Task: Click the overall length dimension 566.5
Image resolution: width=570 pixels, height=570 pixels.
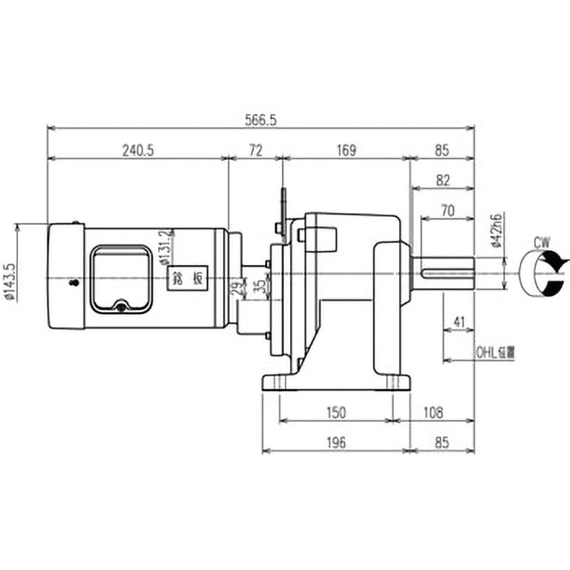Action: tap(259, 120)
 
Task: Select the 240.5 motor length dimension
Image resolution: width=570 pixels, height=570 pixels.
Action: tap(138, 150)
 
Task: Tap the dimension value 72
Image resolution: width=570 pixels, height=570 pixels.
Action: tap(256, 150)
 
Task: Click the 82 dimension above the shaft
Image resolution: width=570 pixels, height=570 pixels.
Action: tap(442, 181)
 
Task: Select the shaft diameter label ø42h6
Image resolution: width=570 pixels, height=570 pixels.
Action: tap(498, 229)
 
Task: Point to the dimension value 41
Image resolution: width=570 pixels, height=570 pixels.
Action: tap(459, 323)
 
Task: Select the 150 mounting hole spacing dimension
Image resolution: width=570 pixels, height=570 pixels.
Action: tap(336, 413)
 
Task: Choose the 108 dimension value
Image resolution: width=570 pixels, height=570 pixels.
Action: tap(433, 413)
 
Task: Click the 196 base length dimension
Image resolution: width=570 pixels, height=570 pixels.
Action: tap(336, 443)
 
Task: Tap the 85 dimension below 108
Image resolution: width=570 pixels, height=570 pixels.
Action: tap(442, 443)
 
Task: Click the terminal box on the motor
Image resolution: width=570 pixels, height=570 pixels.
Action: tap(120, 279)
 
